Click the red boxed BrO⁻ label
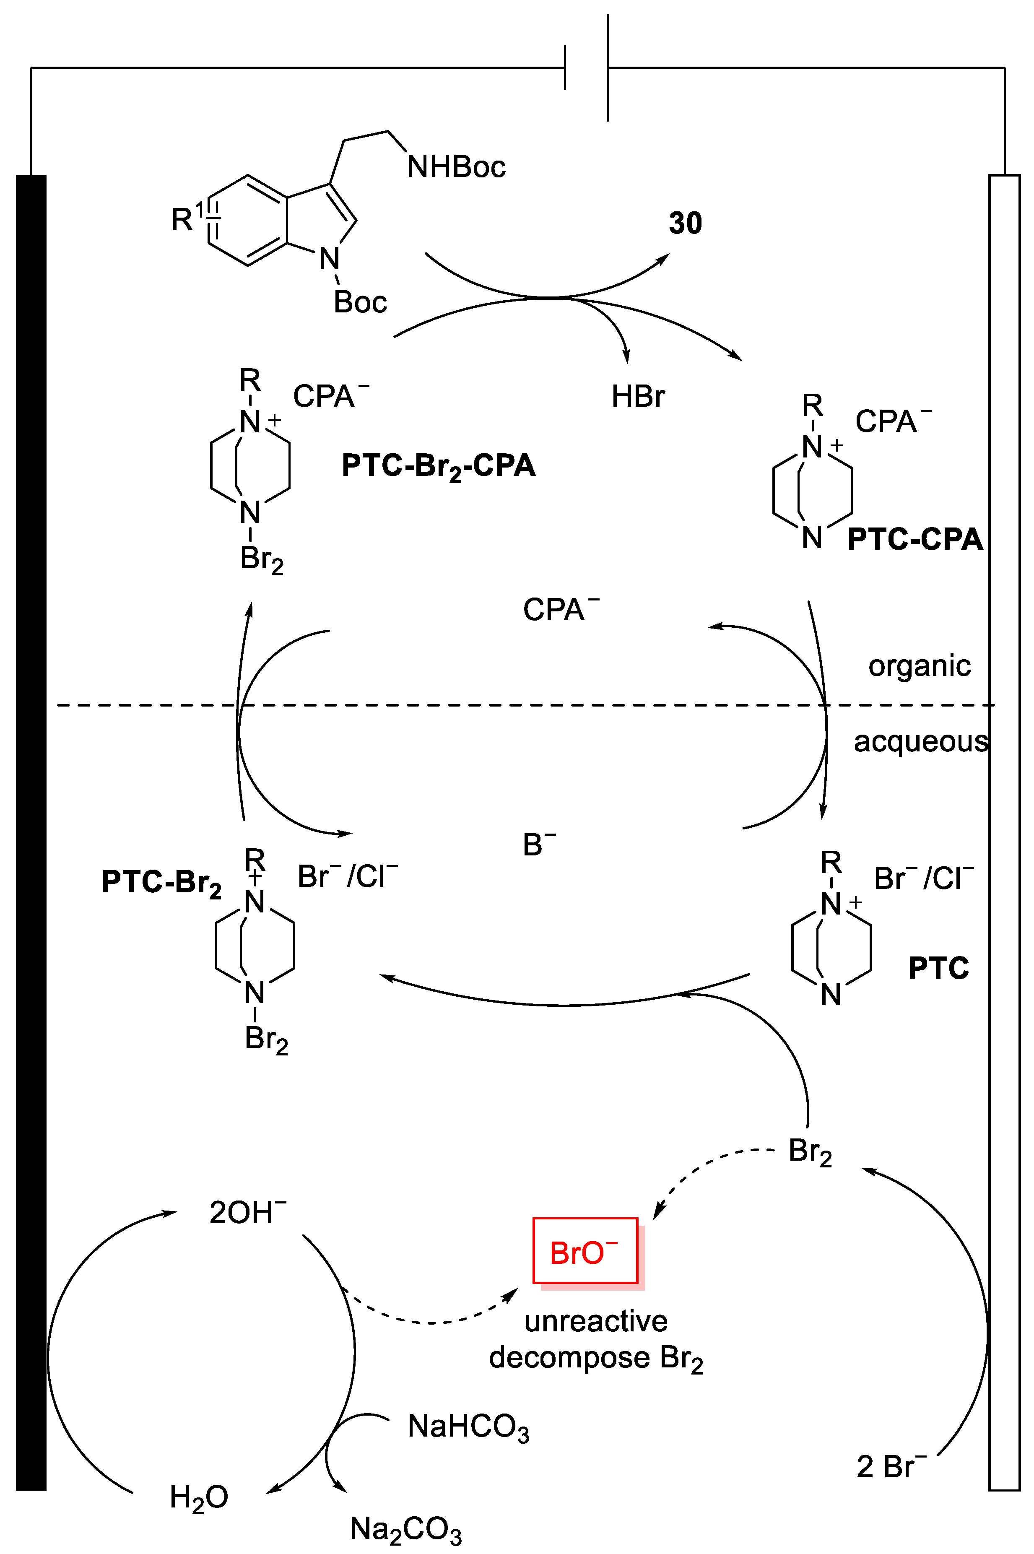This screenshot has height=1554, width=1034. coord(585,1252)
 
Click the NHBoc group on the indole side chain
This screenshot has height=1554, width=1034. coord(456,167)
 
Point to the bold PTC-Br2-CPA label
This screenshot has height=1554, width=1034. coord(439,466)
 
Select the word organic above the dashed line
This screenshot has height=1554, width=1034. coord(919,666)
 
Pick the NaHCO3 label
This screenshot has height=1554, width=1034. coord(468,1427)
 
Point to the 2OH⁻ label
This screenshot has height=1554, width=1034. coord(247,1213)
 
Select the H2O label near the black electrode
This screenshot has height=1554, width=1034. coord(198,1497)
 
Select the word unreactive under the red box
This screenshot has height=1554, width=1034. coord(595,1320)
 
